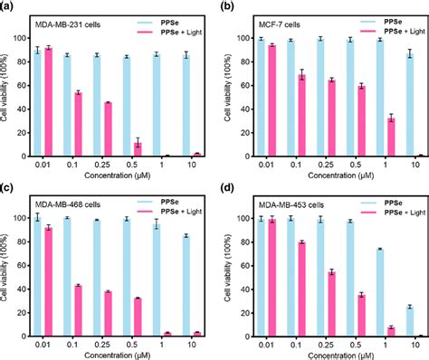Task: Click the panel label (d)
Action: point(225,187)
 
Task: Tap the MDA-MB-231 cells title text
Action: point(68,21)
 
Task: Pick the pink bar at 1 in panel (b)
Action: point(389,137)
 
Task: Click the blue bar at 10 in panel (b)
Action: point(410,106)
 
